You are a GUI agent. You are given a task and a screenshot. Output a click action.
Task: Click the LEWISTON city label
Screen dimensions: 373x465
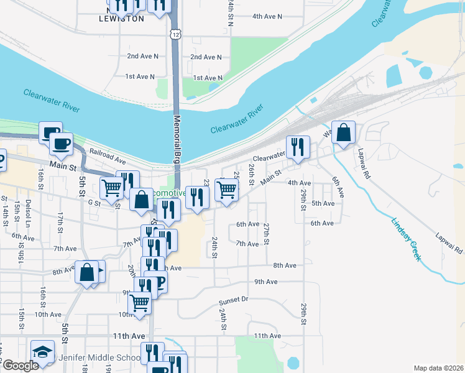point(122,19)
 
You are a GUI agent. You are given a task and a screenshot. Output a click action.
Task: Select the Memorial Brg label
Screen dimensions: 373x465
point(177,139)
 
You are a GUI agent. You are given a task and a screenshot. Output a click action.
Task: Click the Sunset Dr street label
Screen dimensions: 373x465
point(233,300)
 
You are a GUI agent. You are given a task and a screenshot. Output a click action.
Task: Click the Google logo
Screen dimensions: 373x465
point(20,366)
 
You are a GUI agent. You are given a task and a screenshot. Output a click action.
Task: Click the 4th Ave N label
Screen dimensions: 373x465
point(267,16)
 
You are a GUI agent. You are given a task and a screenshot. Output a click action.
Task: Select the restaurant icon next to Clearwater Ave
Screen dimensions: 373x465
point(297,147)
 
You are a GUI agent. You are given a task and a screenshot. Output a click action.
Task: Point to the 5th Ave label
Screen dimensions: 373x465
point(323,203)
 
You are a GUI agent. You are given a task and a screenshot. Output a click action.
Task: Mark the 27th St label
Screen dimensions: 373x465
point(266,233)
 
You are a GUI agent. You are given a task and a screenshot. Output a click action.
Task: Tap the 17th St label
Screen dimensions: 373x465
point(61,219)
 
